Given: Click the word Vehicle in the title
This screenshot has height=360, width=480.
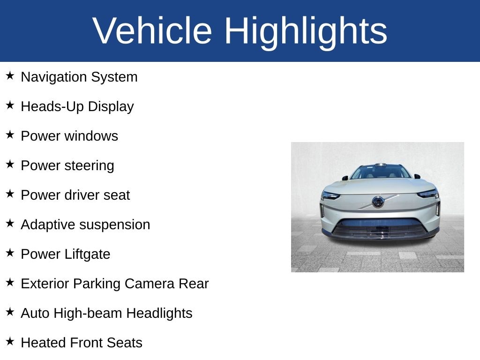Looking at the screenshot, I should click(x=152, y=31).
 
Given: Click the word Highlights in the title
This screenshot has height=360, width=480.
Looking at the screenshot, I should click(x=306, y=31).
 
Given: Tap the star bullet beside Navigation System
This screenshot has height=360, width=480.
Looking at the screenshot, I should click(x=10, y=76).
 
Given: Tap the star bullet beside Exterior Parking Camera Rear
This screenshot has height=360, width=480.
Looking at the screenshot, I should click(x=10, y=283).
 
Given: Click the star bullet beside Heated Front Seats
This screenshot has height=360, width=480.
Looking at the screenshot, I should click(x=10, y=342).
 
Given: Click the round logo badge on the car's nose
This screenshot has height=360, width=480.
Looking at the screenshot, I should click(x=378, y=202).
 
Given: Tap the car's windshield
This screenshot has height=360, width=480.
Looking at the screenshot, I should click(x=380, y=172).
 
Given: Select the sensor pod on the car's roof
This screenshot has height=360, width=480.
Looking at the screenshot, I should click(x=381, y=165).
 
